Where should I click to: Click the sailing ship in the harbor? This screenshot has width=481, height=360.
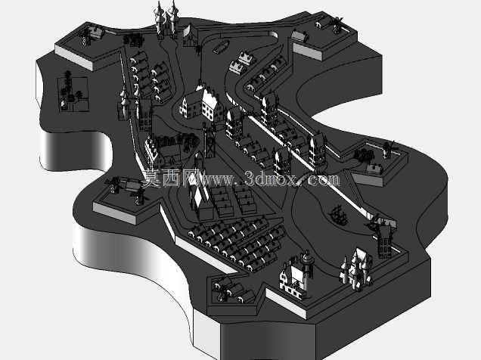(x=338, y=215)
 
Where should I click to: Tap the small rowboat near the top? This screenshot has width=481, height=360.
(x=220, y=47)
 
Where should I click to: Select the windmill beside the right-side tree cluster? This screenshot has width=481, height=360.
(x=389, y=149)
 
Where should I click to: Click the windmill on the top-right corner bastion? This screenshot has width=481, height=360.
(x=337, y=24)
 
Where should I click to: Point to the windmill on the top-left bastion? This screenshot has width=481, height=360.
(x=85, y=37)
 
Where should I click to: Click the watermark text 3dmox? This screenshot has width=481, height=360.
(x=272, y=179)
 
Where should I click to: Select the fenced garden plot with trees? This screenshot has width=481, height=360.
(x=73, y=94)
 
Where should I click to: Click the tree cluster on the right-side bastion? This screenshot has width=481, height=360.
(x=364, y=154)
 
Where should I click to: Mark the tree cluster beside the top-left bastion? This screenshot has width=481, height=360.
(x=133, y=40)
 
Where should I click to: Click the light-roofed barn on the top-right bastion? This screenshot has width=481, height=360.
(x=299, y=36)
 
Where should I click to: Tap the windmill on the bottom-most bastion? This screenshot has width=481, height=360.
(x=222, y=290)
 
